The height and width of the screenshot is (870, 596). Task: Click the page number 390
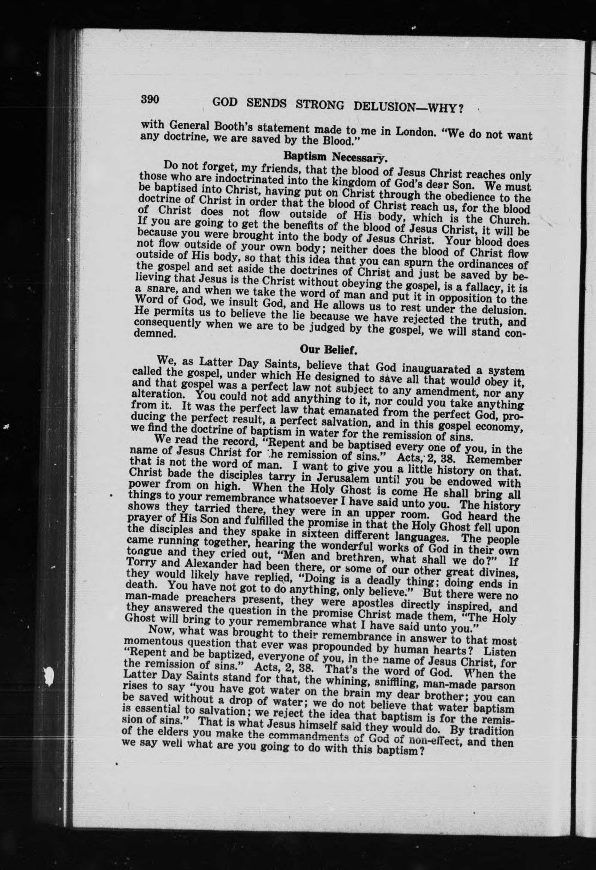pyautogui.click(x=150, y=99)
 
